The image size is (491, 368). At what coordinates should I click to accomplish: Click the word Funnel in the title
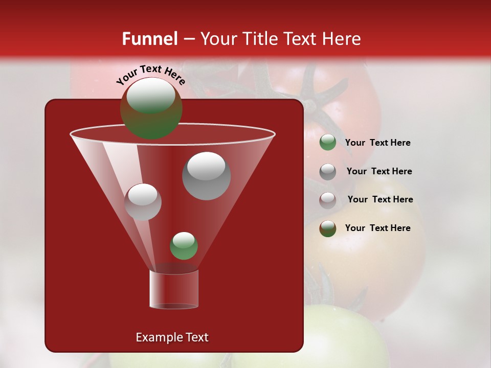(149, 39)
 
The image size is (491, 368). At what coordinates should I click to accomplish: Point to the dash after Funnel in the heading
(189, 39)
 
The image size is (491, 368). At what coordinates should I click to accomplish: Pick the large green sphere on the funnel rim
(151, 108)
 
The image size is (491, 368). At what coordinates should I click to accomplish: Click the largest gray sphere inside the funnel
(206, 175)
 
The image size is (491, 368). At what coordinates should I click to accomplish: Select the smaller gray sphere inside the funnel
(143, 202)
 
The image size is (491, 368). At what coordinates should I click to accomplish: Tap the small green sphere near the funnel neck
(184, 245)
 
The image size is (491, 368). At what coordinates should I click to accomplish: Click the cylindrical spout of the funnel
(174, 289)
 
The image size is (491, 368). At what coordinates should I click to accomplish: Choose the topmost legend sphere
(328, 143)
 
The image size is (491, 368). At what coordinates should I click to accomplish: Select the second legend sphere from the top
(328, 171)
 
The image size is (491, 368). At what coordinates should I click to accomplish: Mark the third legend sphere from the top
(328, 200)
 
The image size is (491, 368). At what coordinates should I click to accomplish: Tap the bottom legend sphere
(328, 228)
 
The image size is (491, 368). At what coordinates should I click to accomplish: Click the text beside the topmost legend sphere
(377, 143)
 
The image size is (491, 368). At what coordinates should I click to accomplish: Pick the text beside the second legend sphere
(379, 172)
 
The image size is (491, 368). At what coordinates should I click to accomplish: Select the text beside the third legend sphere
(380, 200)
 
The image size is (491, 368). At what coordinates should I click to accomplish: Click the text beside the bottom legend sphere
(377, 228)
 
